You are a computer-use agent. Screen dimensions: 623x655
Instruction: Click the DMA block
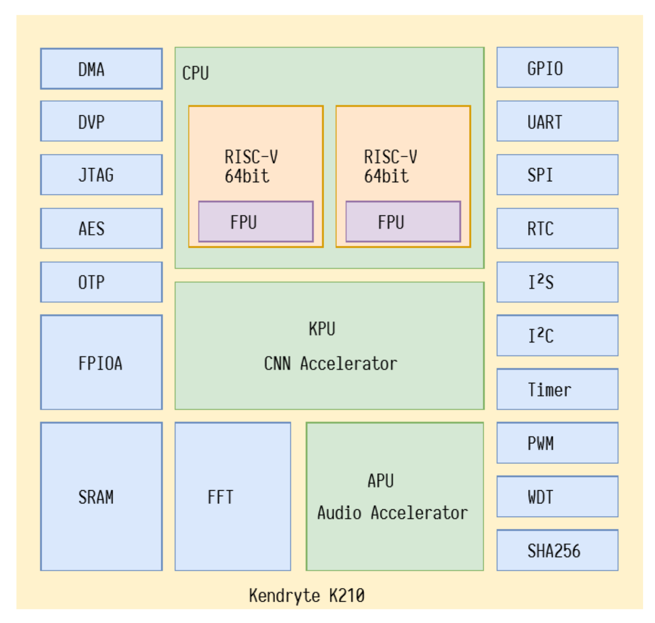[101, 69]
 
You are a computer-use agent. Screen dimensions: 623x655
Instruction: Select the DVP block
[101, 121]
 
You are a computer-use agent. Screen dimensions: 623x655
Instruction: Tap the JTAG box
[101, 175]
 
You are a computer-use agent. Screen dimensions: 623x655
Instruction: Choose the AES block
[101, 229]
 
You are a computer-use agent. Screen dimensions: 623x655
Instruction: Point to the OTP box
[101, 282]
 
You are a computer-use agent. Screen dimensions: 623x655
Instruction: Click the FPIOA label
[100, 363]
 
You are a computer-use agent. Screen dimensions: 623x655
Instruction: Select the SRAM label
[96, 497]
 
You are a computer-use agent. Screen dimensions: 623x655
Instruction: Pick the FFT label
[220, 497]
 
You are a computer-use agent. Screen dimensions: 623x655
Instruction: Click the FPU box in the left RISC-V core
[256, 222]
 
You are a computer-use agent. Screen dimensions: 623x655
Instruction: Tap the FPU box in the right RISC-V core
[403, 222]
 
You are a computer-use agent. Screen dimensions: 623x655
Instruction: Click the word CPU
[196, 73]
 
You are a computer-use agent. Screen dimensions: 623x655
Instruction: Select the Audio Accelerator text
[392, 513]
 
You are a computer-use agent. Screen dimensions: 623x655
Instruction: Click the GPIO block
[557, 68]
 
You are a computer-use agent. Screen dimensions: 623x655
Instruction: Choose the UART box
[557, 121]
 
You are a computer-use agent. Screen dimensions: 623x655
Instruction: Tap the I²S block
[557, 282]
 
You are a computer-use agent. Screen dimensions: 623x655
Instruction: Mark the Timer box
[557, 389]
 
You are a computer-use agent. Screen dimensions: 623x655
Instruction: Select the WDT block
[557, 497]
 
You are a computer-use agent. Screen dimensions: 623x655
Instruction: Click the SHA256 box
[557, 550]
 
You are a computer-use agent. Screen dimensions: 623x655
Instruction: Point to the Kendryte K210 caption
[307, 595]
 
